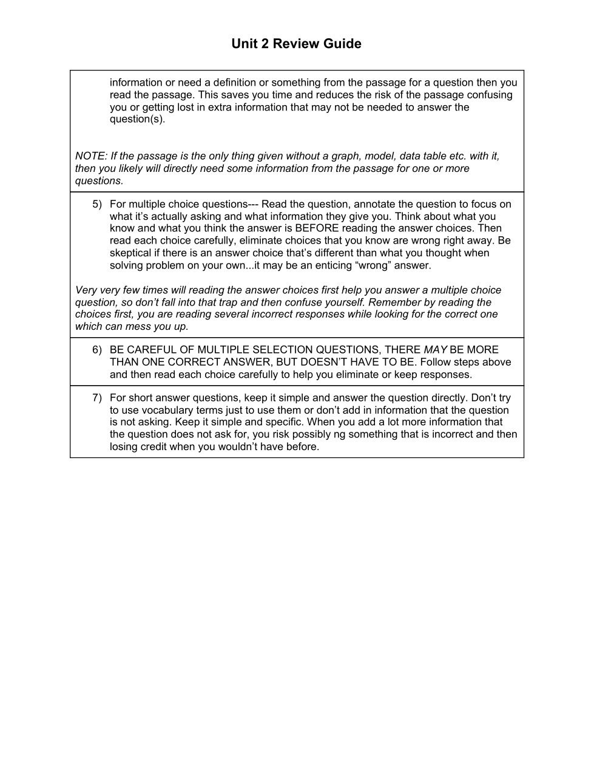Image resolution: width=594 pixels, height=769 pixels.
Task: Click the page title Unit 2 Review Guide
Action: [x=296, y=44]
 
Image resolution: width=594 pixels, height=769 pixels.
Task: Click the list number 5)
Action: [x=97, y=204]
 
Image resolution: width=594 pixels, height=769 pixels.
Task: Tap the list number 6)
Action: [x=97, y=350]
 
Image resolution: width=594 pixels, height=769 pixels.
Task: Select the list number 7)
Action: [x=97, y=398]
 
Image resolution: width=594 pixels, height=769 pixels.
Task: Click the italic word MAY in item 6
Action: [x=435, y=350]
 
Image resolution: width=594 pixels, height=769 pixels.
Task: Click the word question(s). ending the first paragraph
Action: [x=137, y=119]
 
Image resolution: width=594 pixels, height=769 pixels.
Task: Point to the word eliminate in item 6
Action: [x=358, y=374]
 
